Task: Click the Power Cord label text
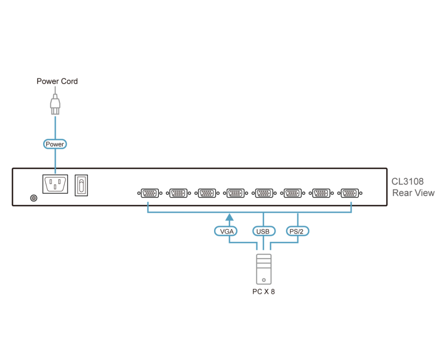57,82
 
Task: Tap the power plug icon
55,104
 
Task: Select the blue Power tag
55,144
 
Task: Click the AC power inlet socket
55,184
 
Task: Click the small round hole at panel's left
33,198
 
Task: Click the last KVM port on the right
351,193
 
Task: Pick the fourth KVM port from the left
235,193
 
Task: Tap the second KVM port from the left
178,193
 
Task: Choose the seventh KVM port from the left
322,193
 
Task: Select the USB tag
263,231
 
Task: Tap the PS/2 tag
298,231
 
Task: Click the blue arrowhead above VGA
229,217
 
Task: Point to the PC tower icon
263,269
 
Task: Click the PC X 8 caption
263,292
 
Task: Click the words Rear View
414,193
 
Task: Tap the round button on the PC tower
264,280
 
